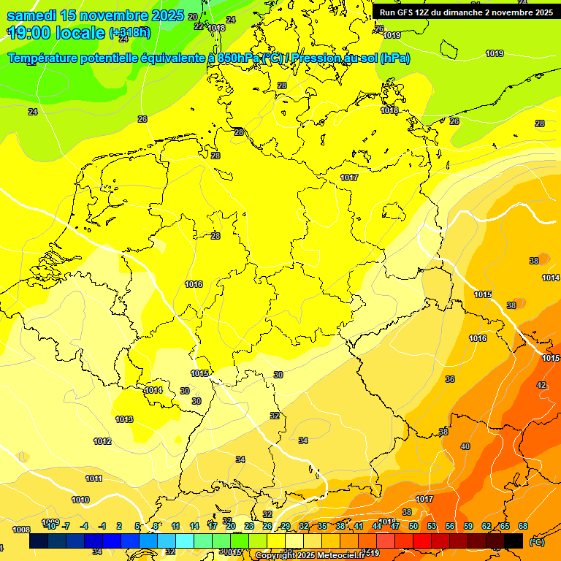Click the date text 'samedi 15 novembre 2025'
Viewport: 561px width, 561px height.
coord(95,15)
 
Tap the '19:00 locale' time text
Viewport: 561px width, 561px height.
coord(56,32)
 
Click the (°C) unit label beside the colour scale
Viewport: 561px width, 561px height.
coord(537,542)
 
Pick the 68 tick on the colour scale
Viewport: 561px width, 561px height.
coord(523,526)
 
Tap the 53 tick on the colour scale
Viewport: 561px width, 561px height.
coord(432,526)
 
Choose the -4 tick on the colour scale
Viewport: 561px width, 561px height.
coord(84,526)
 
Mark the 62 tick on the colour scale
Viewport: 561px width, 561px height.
coord(486,526)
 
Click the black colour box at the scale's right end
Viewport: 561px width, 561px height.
coord(514,541)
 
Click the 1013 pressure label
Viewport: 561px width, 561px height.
coord(124,419)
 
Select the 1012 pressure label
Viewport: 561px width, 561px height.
coord(102,441)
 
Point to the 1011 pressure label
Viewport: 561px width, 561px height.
coord(93,478)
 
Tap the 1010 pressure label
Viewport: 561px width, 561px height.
coord(80,500)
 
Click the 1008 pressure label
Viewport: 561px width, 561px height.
coord(21,530)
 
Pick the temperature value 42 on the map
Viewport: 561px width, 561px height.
coord(541,385)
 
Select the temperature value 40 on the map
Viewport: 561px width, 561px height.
coord(465,446)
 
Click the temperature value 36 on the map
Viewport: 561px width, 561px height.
coord(450,379)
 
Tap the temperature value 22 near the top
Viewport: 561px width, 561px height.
coord(199,26)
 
